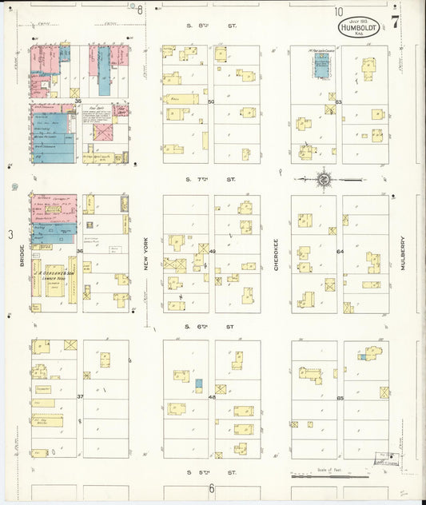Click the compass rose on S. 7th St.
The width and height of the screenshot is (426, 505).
click(324, 179)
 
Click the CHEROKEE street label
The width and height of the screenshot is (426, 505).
click(277, 254)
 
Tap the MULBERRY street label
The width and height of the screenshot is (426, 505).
click(404, 254)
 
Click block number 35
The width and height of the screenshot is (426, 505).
click(78, 101)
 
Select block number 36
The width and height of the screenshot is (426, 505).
click(79, 252)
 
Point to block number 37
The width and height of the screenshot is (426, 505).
click(79, 396)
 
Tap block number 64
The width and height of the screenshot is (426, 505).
click(340, 252)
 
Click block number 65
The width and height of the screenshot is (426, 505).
click(340, 397)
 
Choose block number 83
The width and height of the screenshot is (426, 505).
click(339, 101)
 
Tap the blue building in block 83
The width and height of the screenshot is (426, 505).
click(322, 69)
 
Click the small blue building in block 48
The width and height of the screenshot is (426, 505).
click(199, 384)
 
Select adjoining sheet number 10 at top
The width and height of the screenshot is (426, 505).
click(339, 11)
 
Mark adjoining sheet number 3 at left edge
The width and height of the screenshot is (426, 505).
click(10, 234)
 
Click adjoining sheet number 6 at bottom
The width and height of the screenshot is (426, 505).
click(212, 488)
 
